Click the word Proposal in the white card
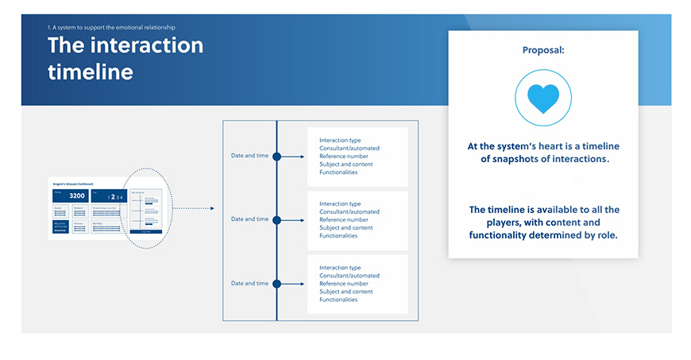click(x=543, y=50)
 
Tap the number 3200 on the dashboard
click(x=76, y=195)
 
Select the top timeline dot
click(x=276, y=157)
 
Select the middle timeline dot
click(x=276, y=219)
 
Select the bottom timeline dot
click(x=276, y=283)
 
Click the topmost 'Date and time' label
click(x=249, y=156)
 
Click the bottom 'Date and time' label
click(x=249, y=283)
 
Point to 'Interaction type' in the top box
click(x=340, y=141)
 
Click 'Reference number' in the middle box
click(x=344, y=220)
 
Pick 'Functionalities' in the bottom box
click(x=338, y=299)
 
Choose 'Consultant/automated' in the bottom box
click(x=349, y=276)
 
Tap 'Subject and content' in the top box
click(x=346, y=165)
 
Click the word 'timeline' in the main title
click(x=90, y=72)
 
